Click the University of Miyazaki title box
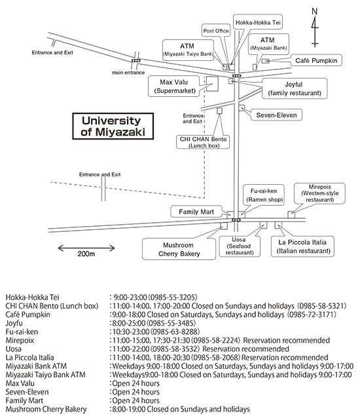point(113,126)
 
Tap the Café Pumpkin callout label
point(316,60)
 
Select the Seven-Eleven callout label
point(276,115)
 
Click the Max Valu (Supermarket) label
point(173,86)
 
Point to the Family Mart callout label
point(196,212)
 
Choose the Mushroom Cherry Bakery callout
point(179,249)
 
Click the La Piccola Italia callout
point(302,246)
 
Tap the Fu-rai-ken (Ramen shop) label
point(264,195)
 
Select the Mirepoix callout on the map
point(319,193)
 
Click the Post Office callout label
point(216,31)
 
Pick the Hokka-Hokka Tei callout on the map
point(258,22)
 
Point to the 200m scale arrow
point(86,248)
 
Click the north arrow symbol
point(315,28)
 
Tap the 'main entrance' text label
point(128,73)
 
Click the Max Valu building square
point(212,84)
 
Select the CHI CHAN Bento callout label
point(203,142)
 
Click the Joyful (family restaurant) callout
point(295,88)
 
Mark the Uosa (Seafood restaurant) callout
point(240,246)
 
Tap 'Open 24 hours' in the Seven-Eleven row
point(135,392)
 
